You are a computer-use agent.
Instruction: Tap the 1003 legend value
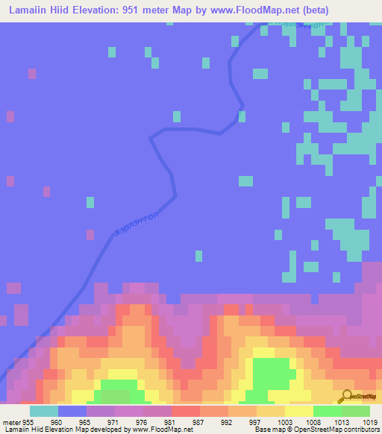pos(285,421)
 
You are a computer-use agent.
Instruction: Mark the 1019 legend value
pos(371,421)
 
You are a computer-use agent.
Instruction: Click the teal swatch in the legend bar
pos(44,411)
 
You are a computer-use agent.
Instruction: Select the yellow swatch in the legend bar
pos(299,411)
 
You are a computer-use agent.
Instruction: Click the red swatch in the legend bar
pos(186,411)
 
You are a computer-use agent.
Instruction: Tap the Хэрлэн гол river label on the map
pos(137,222)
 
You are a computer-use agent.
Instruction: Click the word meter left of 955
pos(10,421)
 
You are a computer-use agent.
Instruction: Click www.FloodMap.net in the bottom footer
pos(159,430)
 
